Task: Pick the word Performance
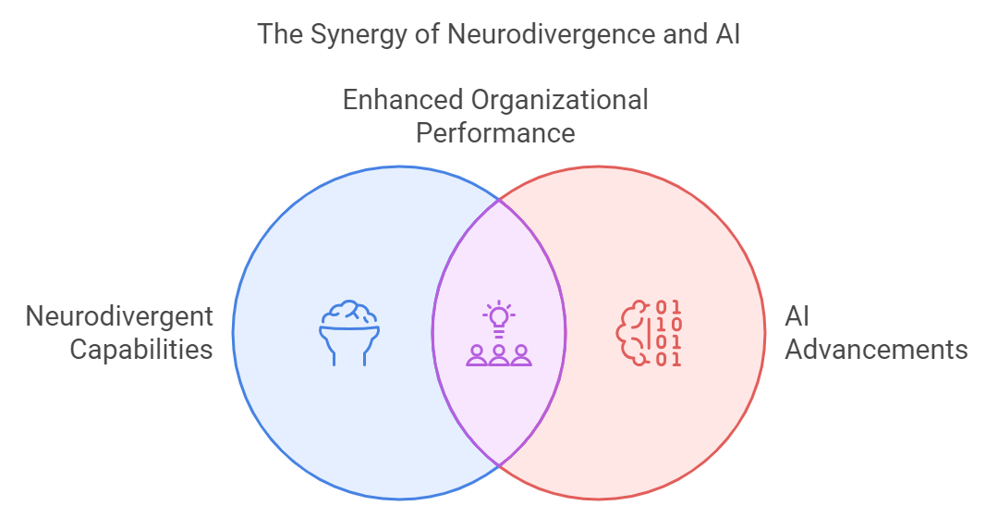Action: point(495,133)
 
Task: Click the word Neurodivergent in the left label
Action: point(119,316)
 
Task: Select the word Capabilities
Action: point(141,350)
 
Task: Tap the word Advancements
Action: point(877,350)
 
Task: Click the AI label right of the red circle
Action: point(797,316)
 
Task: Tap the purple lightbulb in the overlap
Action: point(499,317)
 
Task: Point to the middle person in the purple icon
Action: point(499,355)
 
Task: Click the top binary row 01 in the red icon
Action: point(669,307)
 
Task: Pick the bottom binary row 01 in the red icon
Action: point(669,359)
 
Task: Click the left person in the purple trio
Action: point(478,355)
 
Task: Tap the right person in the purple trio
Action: point(521,355)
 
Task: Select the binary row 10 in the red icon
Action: point(669,324)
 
